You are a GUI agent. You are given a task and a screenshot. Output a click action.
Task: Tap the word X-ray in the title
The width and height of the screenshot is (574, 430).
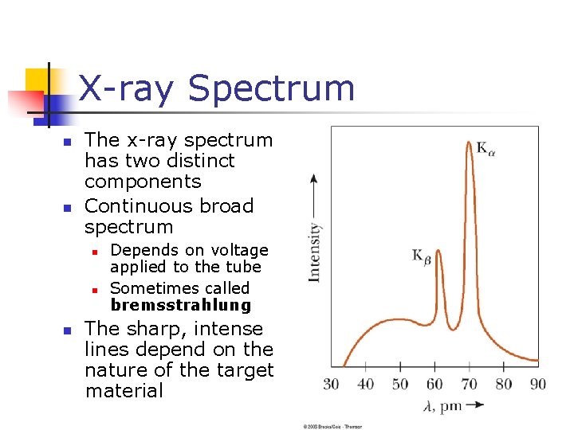(129, 88)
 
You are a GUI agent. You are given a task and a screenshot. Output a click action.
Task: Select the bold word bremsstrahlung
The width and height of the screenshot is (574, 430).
(180, 305)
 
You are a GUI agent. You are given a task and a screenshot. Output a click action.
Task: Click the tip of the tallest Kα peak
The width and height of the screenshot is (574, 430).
(468, 143)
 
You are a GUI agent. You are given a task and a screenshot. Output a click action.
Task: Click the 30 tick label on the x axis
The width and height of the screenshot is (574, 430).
(331, 384)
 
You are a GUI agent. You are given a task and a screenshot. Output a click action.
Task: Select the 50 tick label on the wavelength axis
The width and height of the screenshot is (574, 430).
(400, 384)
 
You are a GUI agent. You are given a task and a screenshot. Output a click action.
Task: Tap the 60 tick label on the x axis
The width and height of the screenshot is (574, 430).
(434, 384)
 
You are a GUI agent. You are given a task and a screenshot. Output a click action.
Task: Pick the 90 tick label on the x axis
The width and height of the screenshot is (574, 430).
(538, 384)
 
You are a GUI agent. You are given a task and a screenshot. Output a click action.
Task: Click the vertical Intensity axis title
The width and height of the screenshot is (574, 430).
(314, 252)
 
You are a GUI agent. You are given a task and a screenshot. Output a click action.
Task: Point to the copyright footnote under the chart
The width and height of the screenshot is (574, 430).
(332, 426)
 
